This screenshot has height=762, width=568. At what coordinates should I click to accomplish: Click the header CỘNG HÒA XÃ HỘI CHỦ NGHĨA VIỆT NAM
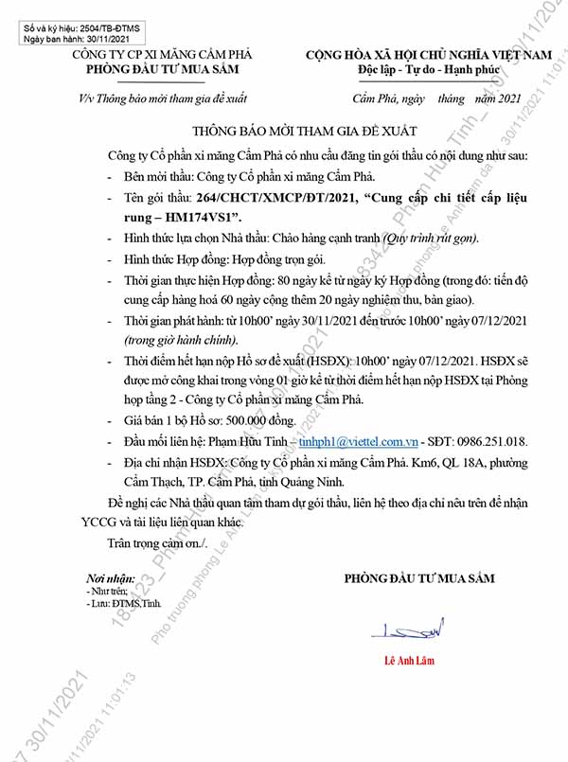coord(428,57)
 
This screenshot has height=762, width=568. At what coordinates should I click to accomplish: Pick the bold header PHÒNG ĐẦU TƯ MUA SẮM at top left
coord(163,71)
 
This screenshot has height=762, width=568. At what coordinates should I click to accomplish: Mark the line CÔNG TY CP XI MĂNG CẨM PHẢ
coord(163,57)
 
